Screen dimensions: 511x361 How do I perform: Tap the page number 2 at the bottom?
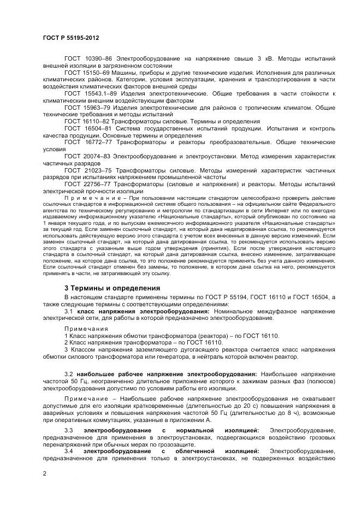coord(44,473)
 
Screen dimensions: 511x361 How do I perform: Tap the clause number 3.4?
coord(69,451)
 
